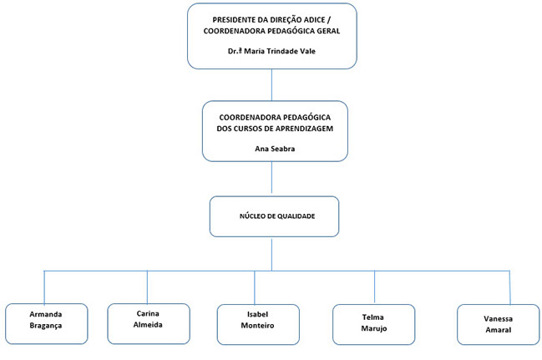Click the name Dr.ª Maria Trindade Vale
(x=271, y=51)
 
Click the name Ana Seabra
(x=275, y=149)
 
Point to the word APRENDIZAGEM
(x=306, y=129)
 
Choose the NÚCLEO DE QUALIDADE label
(x=277, y=216)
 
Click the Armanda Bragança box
(x=46, y=324)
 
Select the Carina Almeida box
(x=149, y=324)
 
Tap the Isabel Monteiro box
(x=258, y=324)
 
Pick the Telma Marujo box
(x=373, y=324)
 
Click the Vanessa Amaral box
(x=498, y=324)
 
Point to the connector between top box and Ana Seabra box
(x=271, y=84)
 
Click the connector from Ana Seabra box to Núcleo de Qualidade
(x=271, y=177)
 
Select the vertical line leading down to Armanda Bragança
(x=44, y=287)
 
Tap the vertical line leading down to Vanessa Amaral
(x=510, y=287)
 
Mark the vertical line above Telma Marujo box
(x=374, y=286)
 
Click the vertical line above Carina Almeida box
(x=147, y=287)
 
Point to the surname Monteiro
(x=257, y=326)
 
